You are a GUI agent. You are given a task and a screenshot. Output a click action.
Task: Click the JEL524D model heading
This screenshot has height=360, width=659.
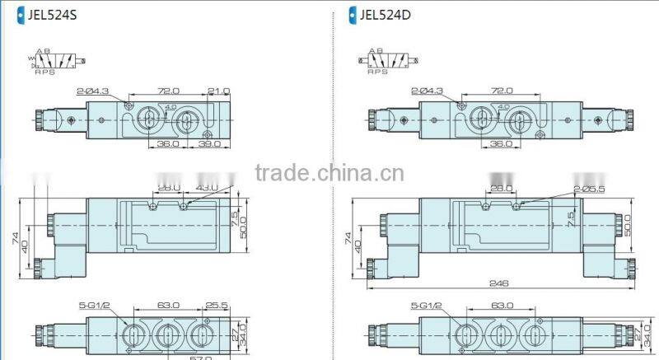coord(389,13)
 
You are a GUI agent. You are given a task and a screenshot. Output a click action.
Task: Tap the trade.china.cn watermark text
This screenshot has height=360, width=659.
coord(329,173)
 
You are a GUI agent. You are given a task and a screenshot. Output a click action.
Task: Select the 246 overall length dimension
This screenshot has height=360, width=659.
coord(498,283)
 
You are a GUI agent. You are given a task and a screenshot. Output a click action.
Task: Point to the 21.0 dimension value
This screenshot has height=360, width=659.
coord(219,91)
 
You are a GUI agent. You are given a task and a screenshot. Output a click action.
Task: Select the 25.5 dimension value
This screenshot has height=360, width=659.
coord(217,305)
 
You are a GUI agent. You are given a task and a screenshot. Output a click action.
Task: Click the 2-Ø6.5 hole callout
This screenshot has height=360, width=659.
coord(590,189)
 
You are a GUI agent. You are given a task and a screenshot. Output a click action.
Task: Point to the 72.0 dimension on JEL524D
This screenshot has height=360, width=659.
coord(501,91)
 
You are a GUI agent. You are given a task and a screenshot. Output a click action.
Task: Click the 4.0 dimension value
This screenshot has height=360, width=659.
coord(170,107)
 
